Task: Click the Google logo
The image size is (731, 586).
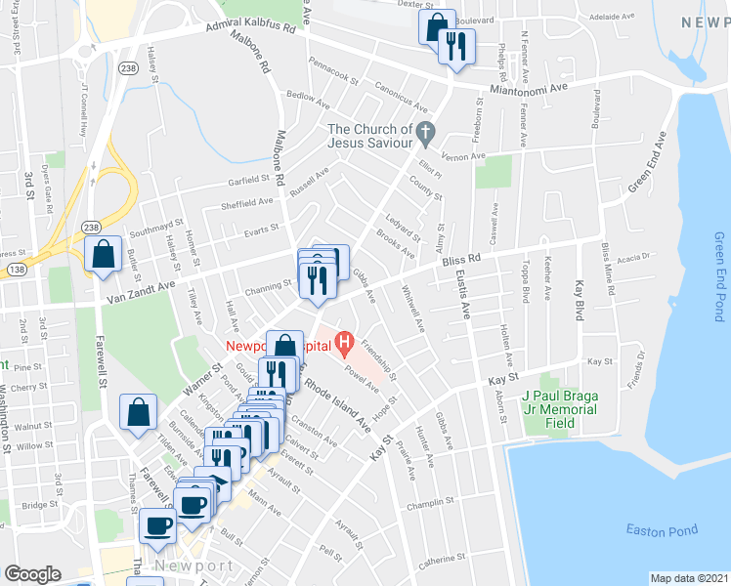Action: (33, 573)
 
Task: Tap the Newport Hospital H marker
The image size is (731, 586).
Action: (343, 343)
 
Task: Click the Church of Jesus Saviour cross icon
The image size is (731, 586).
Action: (424, 130)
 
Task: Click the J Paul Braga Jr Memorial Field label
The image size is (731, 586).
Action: (558, 403)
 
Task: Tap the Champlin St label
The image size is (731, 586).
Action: (431, 502)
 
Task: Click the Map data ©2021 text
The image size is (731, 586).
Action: (690, 578)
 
